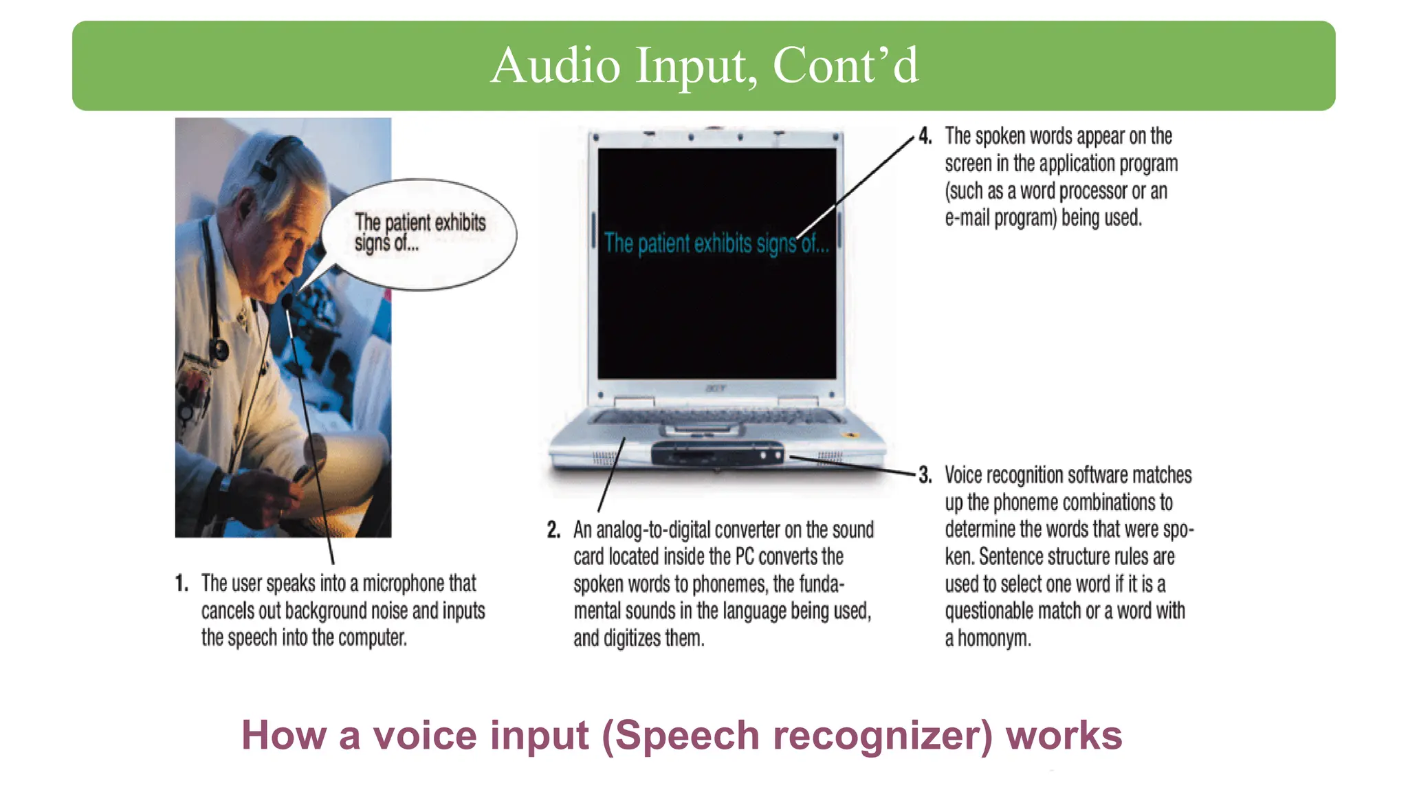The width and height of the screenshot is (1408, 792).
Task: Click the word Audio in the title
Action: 555,66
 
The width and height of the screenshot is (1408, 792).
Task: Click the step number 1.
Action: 181,584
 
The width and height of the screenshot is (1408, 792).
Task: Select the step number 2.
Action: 553,530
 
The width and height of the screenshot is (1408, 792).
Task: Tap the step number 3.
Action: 925,475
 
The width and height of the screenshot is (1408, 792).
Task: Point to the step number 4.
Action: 925,136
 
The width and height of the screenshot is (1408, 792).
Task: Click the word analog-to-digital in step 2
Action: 653,530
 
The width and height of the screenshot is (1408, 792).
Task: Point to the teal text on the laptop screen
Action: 716,243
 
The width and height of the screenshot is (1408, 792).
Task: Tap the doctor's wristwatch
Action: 225,483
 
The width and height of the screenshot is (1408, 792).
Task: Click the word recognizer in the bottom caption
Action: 883,735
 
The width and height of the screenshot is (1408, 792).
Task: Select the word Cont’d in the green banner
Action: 845,66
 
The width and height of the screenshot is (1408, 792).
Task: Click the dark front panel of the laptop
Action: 716,454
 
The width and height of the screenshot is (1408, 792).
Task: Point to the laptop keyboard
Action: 716,416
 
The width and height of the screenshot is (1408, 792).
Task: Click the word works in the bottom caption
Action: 1064,735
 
